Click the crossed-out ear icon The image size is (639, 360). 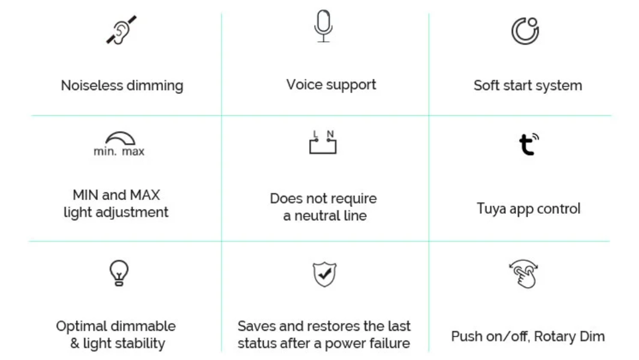click(x=121, y=30)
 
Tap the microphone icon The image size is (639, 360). click(x=323, y=26)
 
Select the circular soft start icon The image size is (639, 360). click(x=525, y=31)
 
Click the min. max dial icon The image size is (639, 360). click(x=119, y=144)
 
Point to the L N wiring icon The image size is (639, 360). click(x=323, y=142)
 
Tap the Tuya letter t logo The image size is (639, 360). click(x=529, y=144)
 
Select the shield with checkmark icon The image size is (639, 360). click(x=325, y=275)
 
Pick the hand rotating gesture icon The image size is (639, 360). click(x=524, y=274)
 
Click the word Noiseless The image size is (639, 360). click(x=92, y=85)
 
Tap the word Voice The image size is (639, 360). click(x=304, y=85)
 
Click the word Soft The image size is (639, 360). click(x=486, y=85)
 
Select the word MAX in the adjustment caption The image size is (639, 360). click(x=145, y=195)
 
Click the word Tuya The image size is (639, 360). click(x=490, y=209)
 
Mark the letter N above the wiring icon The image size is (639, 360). click(x=330, y=134)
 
